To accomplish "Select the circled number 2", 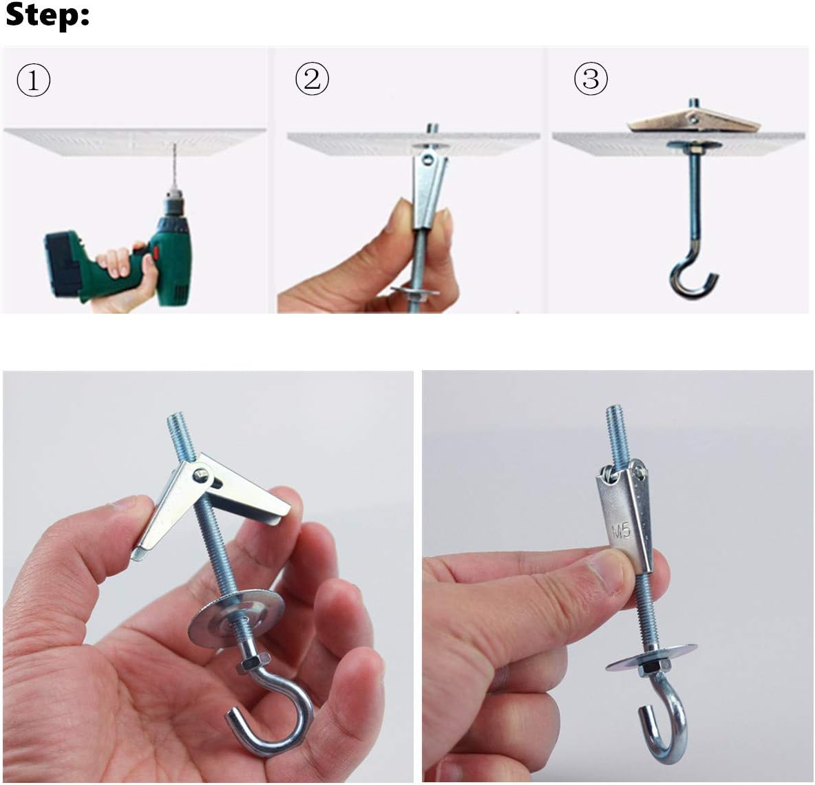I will click(312, 80).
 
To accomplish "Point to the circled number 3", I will click(591, 80).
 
